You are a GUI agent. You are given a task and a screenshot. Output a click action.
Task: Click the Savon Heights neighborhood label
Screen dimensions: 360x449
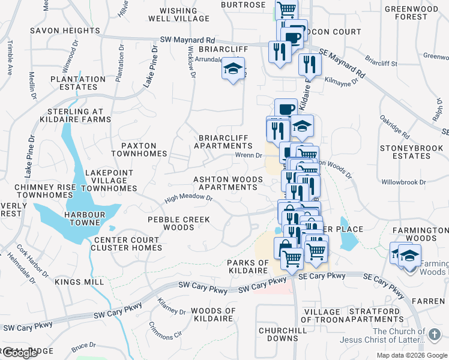pyautogui.click(x=65, y=31)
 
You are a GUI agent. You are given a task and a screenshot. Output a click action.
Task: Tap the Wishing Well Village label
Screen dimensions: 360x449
pyautogui.click(x=179, y=14)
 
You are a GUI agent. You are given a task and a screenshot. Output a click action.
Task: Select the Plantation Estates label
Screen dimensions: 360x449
pyautogui.click(x=78, y=83)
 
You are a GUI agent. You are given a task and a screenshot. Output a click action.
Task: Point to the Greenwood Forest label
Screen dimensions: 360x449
pyautogui.click(x=412, y=13)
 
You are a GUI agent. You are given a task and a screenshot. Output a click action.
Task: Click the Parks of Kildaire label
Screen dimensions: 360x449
pyautogui.click(x=247, y=267)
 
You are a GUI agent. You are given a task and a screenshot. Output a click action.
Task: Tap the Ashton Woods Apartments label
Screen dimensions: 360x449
pyautogui.click(x=228, y=183)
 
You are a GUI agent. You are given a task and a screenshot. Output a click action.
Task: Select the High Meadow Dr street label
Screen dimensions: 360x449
pyautogui.click(x=189, y=198)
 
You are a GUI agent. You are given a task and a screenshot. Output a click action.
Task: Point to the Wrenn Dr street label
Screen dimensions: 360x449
pyautogui.click(x=249, y=155)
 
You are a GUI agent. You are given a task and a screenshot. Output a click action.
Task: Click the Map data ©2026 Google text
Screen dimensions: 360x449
pyautogui.click(x=412, y=355)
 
